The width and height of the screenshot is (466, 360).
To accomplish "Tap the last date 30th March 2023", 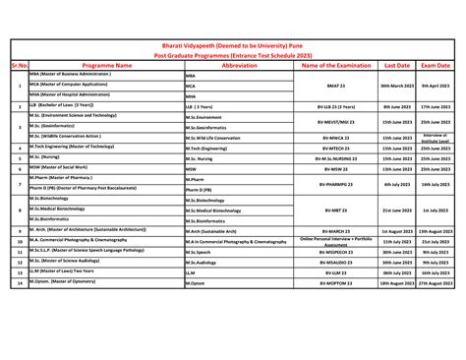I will point(396,86).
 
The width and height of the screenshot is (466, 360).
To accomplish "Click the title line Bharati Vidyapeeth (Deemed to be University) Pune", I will point(233,45).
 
